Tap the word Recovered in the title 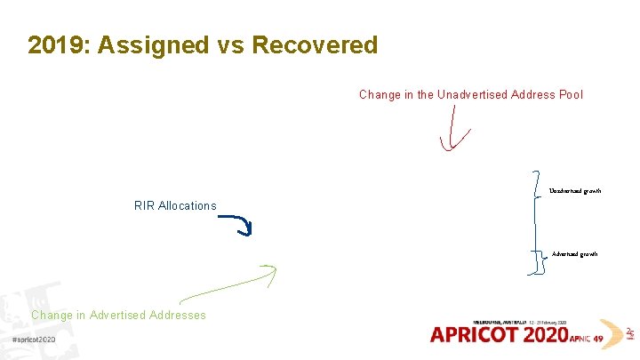pos(315,45)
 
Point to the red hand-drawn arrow pos(455,133)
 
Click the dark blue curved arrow pos(237,224)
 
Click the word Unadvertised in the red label pos(475,94)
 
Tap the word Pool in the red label pos(570,94)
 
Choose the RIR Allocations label pos(175,205)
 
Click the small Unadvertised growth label pos(574,191)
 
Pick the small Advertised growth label pos(574,254)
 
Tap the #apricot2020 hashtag pos(34,340)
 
